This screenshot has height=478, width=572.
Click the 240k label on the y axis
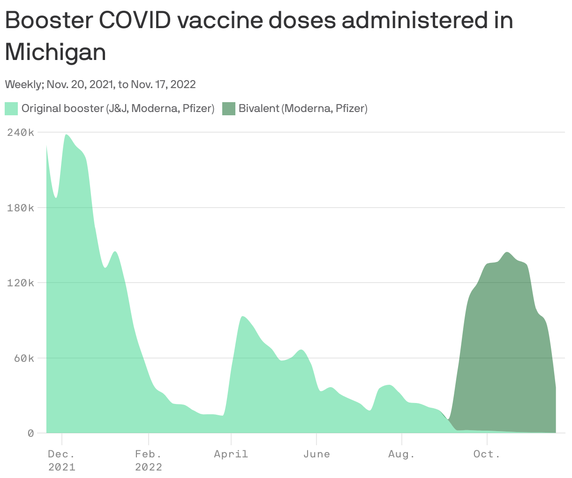[21, 132]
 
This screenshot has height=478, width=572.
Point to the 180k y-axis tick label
[21, 208]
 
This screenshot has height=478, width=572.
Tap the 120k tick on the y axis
[21, 283]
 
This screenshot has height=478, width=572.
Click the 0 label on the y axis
[30, 433]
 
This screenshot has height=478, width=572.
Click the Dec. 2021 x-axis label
[61, 460]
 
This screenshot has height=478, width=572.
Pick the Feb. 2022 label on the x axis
[149, 460]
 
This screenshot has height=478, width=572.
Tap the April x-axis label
[231, 454]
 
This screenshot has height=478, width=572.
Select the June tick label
[316, 454]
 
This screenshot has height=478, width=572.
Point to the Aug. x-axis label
[402, 454]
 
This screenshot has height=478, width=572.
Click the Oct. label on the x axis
[487, 454]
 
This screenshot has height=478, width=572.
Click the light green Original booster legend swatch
[11, 109]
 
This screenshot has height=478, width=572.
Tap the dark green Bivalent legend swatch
[228, 109]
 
